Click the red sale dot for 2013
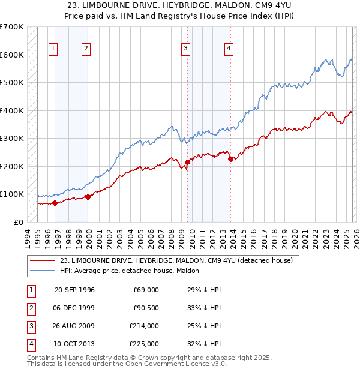231,159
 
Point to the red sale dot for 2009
188,162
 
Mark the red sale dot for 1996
55,203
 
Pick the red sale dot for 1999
88,196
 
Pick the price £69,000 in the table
146,290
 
